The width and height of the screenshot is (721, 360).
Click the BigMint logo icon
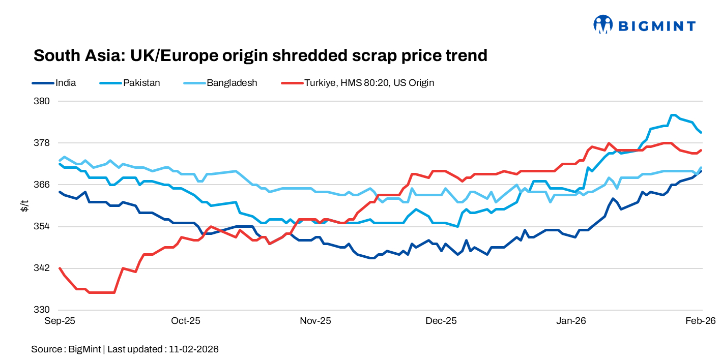point(603,24)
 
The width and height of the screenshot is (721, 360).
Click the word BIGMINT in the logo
point(656,25)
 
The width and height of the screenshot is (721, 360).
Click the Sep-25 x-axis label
point(60,321)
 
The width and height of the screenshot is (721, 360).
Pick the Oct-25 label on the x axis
point(186,321)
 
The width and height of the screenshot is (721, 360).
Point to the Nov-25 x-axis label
point(315,321)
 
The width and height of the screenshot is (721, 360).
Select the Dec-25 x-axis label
point(441,321)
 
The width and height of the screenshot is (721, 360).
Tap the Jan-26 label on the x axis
point(571,321)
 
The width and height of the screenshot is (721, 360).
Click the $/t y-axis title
point(24,205)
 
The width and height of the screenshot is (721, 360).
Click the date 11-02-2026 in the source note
point(193,349)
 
